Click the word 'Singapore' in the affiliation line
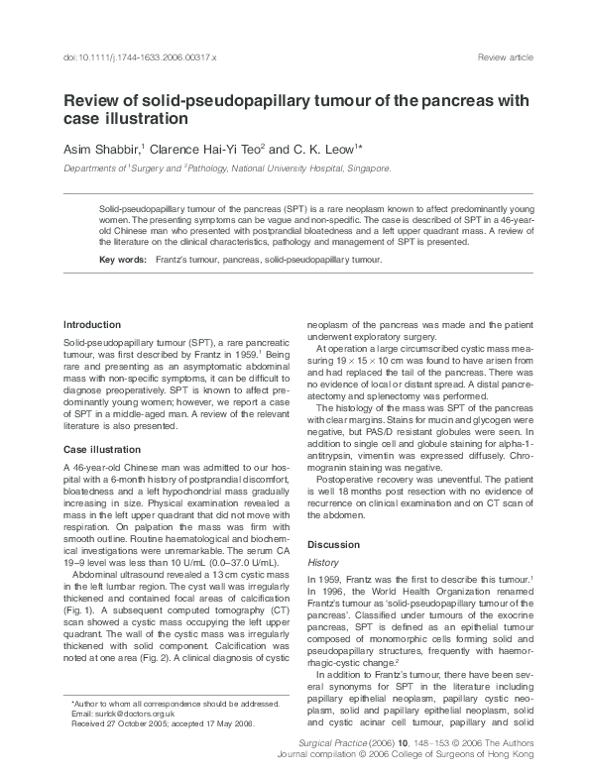(x=368, y=168)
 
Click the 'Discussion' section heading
(x=334, y=544)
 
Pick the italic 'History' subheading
(x=323, y=562)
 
